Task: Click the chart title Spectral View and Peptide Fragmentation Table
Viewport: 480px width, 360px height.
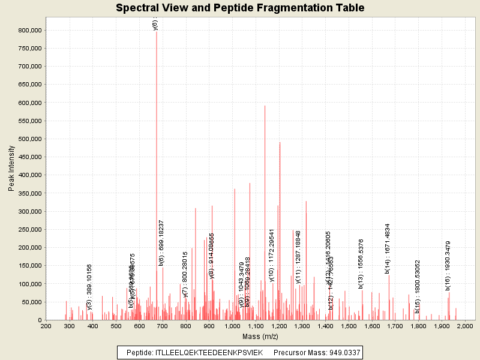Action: (x=240, y=8)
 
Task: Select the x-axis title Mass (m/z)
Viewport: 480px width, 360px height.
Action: (x=260, y=337)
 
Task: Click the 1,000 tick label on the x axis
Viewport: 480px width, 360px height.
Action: (x=232, y=326)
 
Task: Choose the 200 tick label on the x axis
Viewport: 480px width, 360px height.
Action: (x=46, y=326)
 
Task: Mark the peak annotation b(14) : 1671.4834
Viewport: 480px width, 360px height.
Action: (x=388, y=248)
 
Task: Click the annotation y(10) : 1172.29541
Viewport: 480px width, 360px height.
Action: (x=271, y=255)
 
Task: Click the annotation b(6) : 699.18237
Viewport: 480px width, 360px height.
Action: (x=161, y=242)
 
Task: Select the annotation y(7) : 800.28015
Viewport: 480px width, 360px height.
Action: (x=185, y=274)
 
